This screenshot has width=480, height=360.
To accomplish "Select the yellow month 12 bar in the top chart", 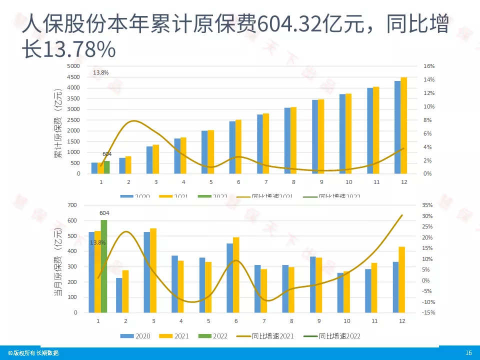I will click(404, 125).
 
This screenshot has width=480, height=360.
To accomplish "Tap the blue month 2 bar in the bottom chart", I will click(119, 295).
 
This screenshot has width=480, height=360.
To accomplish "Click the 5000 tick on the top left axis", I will click(73, 66).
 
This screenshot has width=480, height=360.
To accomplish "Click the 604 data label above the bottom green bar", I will click(104, 213).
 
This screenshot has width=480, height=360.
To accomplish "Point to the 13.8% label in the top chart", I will click(100, 72).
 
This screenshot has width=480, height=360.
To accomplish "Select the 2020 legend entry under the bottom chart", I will click(138, 336).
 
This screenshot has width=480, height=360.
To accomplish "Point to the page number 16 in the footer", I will click(468, 353).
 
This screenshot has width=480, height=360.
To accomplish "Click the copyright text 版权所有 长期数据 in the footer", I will click(33, 353).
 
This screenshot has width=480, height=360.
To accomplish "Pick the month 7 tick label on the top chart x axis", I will click(266, 182).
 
